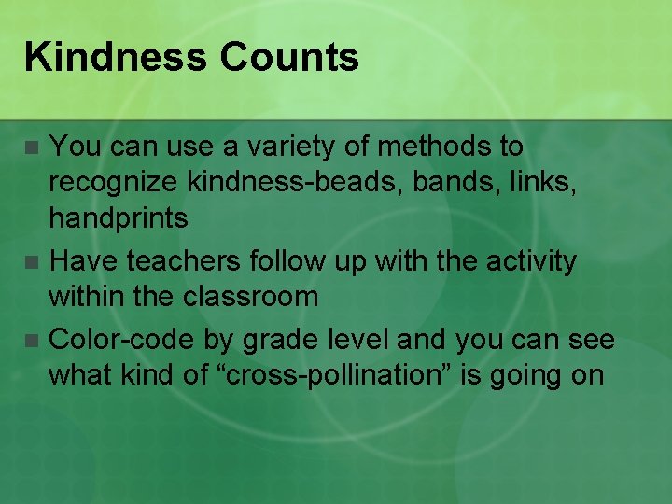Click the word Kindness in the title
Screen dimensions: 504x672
(x=115, y=58)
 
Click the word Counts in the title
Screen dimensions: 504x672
(x=289, y=58)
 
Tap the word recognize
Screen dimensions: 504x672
(x=114, y=183)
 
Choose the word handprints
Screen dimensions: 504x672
(x=119, y=219)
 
